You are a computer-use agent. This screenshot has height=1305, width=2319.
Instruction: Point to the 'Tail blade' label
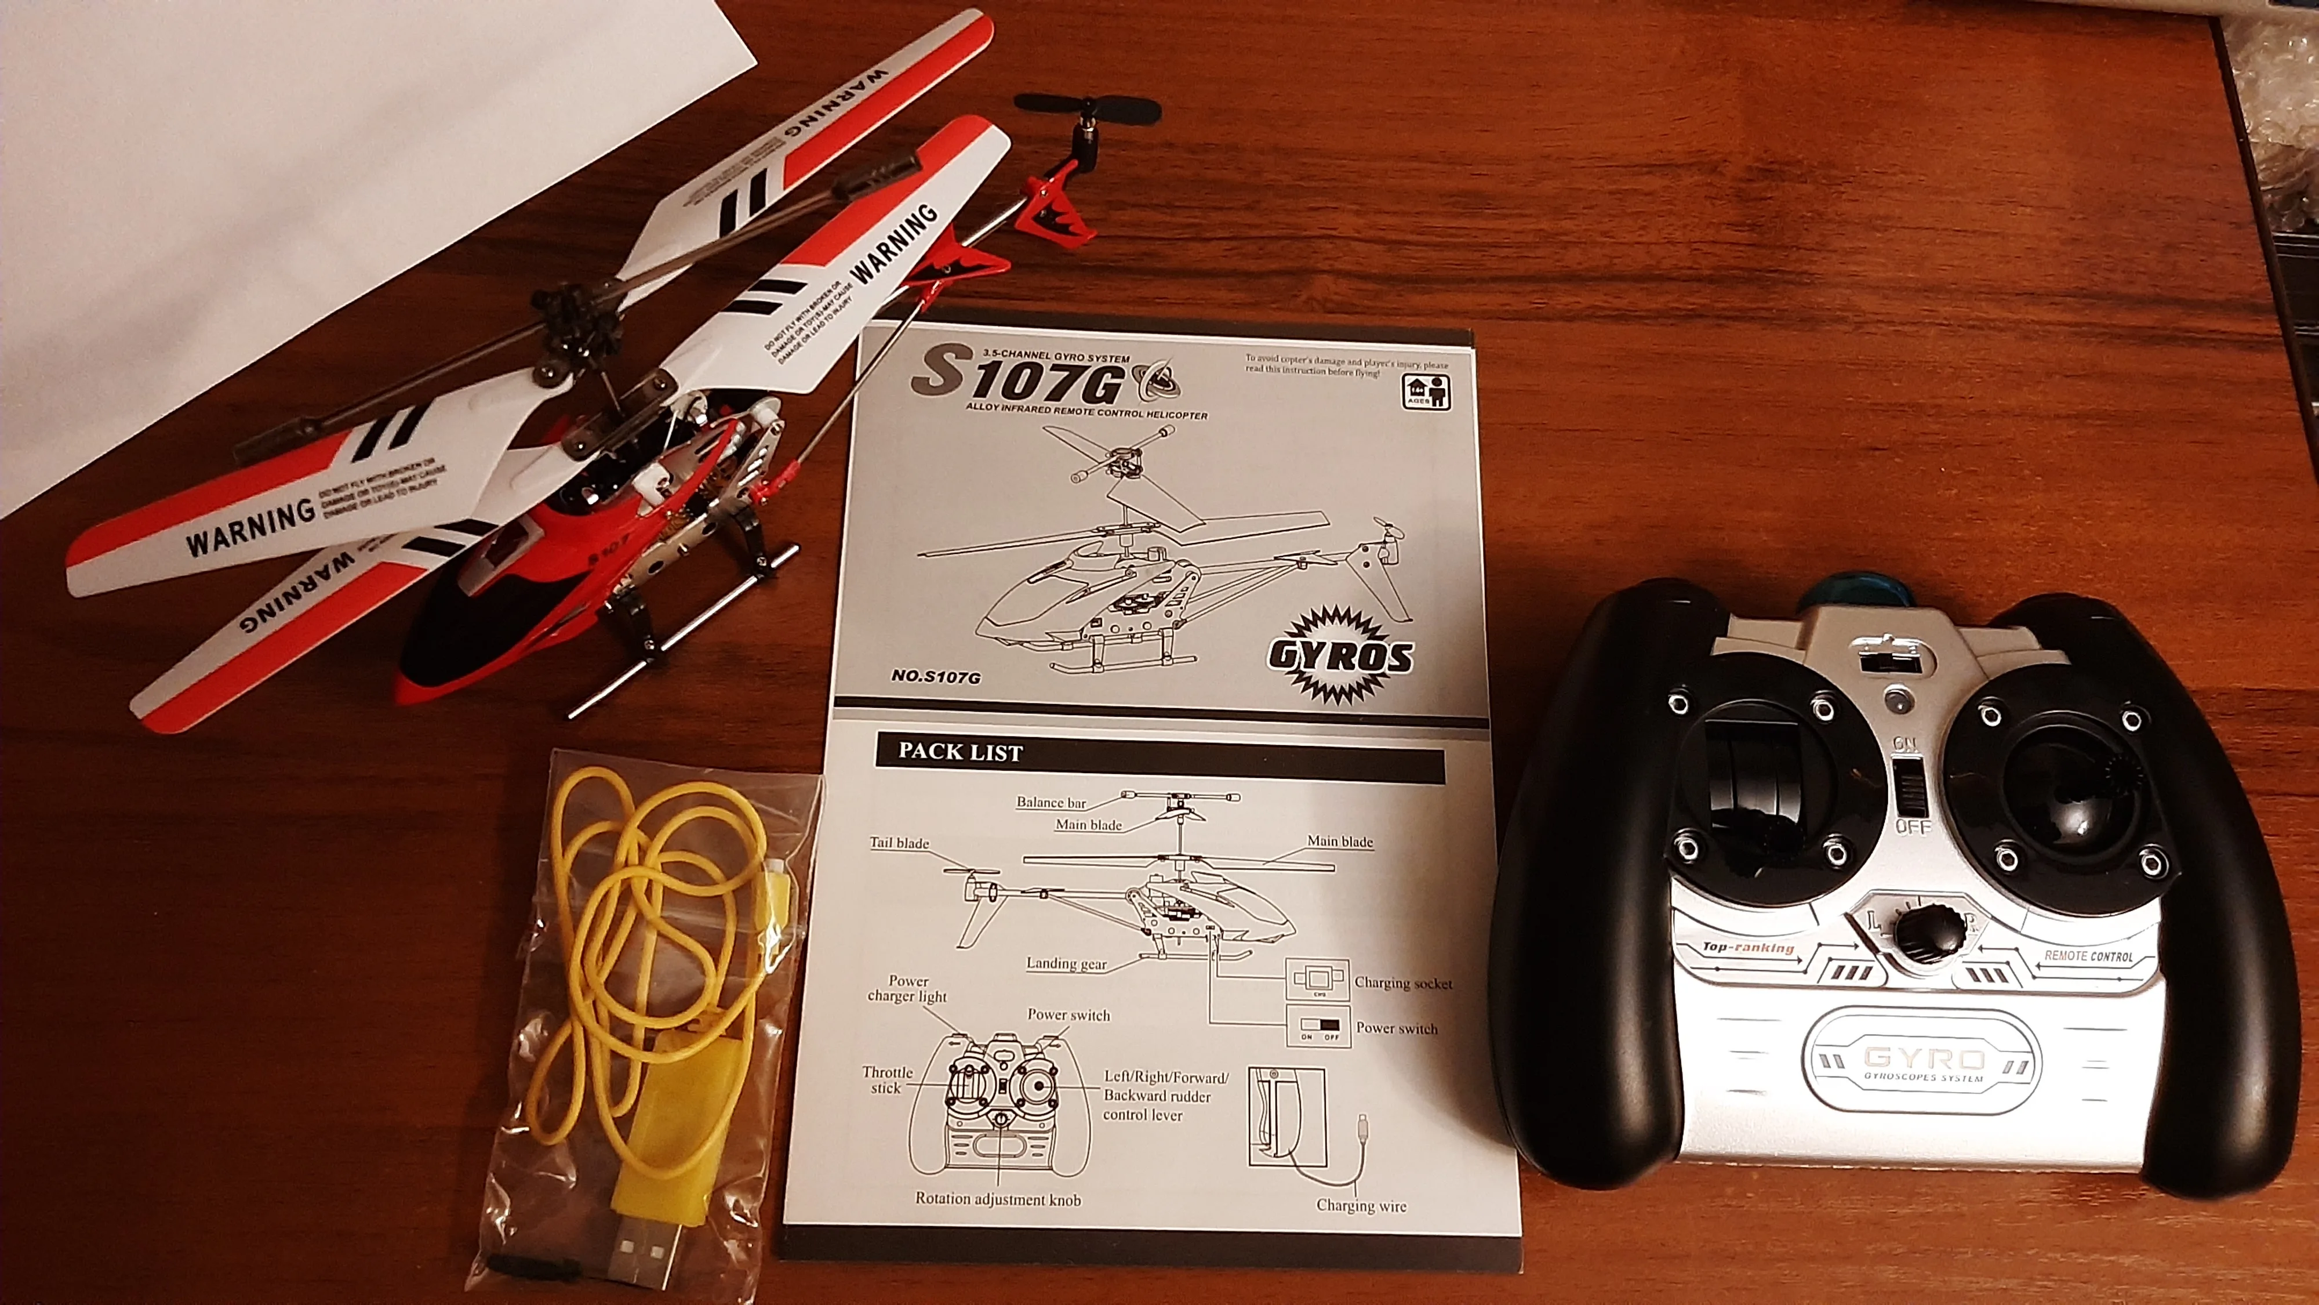[x=899, y=843]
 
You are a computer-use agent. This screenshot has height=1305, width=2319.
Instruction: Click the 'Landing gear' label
[x=1066, y=963]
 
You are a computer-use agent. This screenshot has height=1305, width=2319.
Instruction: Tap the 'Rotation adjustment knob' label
[x=997, y=1199]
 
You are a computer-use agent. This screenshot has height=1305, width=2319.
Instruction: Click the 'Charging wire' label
[x=1360, y=1205]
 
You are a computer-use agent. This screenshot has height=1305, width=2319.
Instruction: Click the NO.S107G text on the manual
[x=935, y=676]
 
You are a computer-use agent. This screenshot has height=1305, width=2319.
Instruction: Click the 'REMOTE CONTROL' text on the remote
[x=2088, y=956]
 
